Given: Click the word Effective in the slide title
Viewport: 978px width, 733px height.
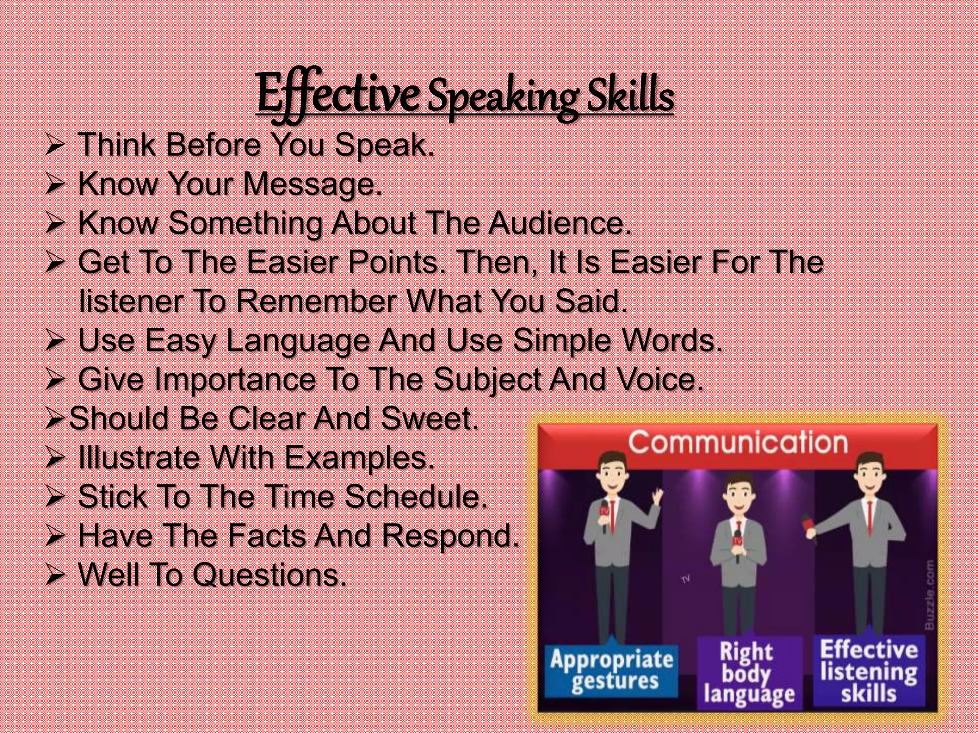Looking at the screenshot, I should (337, 94).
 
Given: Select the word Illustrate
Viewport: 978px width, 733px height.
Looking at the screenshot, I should (138, 458).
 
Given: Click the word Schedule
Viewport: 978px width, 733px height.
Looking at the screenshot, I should (415, 497).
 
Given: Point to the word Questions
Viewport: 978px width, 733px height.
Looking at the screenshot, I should (269, 575).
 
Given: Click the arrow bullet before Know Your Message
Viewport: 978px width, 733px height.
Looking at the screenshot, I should (55, 185).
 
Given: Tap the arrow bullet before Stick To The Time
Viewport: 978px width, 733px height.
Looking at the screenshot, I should (55, 498).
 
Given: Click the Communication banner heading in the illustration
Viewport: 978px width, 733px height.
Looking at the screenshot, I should (737, 443).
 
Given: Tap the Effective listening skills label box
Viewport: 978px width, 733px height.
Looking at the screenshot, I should (869, 671).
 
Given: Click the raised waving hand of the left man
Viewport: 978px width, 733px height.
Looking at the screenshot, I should (658, 498).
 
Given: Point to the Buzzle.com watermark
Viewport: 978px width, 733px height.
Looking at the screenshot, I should (929, 595).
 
